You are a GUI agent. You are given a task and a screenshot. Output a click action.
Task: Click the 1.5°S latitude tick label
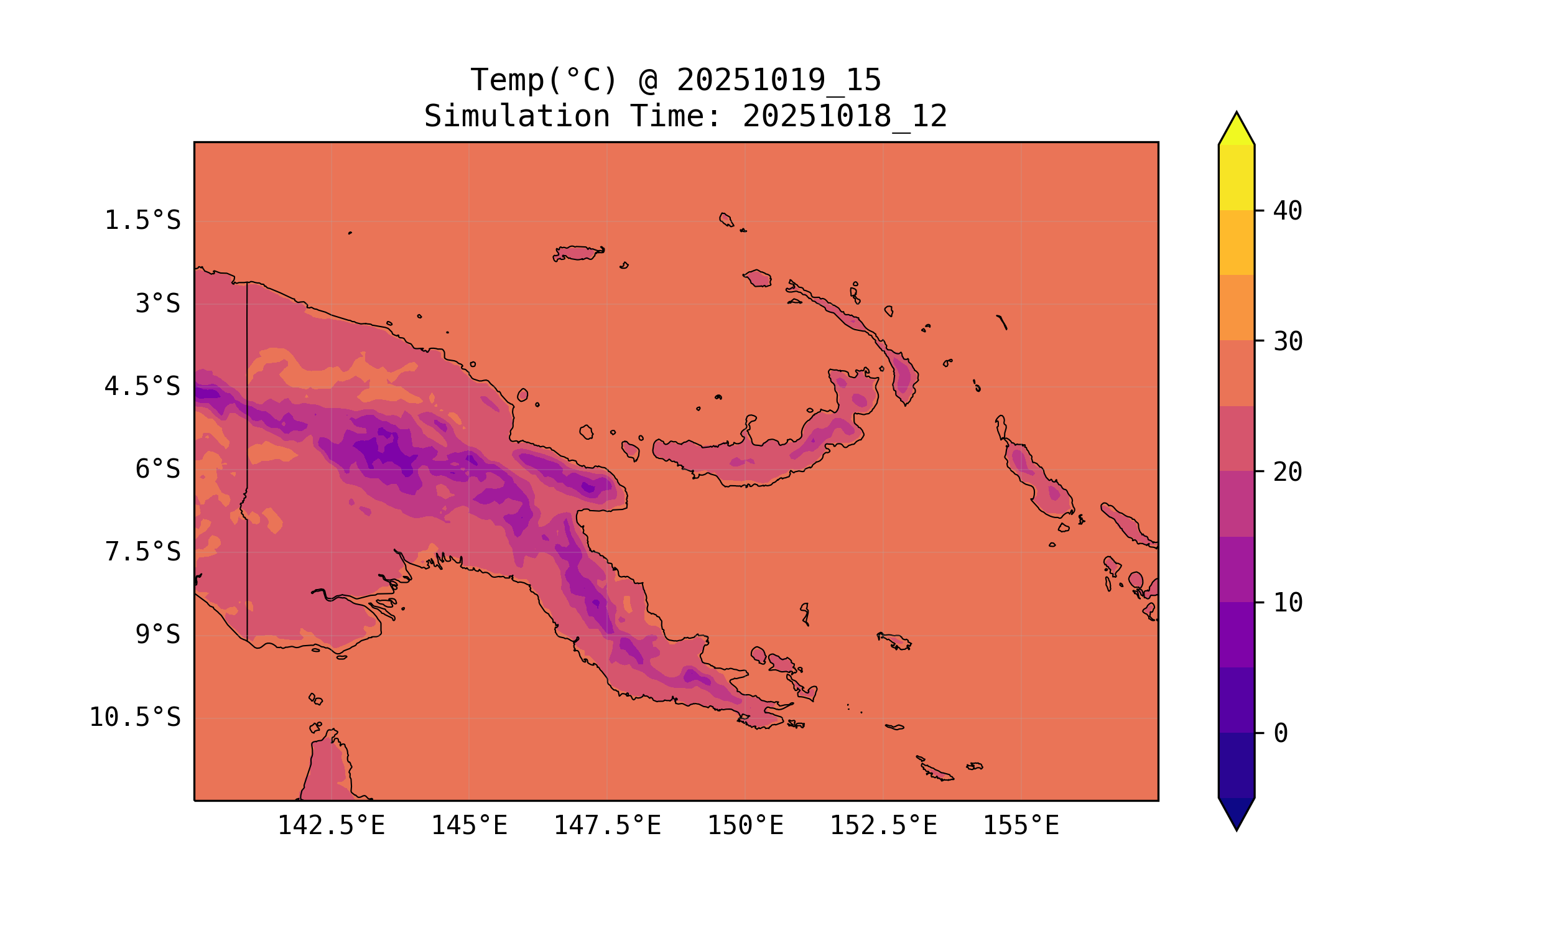tap(142, 221)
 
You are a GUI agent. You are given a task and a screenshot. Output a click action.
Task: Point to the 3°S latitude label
tap(158, 304)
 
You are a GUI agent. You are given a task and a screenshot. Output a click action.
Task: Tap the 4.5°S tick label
tap(142, 387)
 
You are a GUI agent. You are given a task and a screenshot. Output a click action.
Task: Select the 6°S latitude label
tap(158, 469)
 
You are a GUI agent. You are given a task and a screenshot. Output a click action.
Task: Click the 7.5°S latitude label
tap(142, 552)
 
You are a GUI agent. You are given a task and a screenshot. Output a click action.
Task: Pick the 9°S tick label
tap(158, 635)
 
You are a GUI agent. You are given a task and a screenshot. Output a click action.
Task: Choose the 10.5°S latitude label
tap(134, 717)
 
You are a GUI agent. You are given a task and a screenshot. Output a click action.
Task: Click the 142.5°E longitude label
tap(332, 825)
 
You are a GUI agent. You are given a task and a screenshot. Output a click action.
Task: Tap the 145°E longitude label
tap(469, 825)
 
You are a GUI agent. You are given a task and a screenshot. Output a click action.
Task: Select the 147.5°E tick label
tap(607, 825)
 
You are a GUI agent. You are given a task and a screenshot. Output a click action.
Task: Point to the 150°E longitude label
tap(745, 825)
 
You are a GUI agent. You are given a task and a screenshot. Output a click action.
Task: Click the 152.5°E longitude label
tap(883, 825)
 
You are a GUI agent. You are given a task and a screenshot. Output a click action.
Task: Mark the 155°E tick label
tap(1021, 825)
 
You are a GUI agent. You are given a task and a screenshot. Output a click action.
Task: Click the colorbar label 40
tap(1288, 211)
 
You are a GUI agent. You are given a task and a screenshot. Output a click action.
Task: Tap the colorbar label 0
tap(1280, 734)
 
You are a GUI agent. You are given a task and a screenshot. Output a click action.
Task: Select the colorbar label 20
tap(1288, 472)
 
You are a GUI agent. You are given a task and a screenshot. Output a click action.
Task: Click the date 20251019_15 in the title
tap(779, 80)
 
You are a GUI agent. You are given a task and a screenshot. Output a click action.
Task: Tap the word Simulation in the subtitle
tap(517, 117)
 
